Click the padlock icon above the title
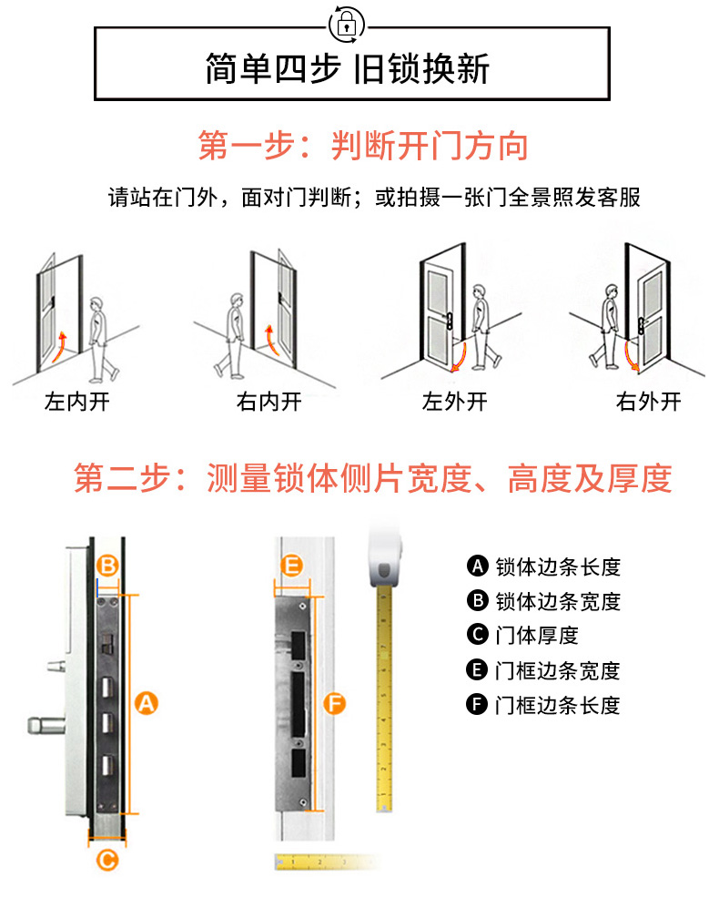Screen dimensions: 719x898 click(x=347, y=25)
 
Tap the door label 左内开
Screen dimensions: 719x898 click(x=77, y=402)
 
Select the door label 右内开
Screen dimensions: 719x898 click(x=269, y=402)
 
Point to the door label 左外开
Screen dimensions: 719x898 click(x=454, y=402)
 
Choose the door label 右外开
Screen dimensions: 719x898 click(x=649, y=402)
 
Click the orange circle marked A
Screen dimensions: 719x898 click(x=146, y=703)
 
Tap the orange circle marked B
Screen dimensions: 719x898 click(x=107, y=566)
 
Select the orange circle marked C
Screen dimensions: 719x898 click(x=107, y=860)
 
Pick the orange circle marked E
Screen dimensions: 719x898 click(x=292, y=566)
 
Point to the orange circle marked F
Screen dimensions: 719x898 click(x=334, y=703)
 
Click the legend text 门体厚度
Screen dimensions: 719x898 click(x=537, y=636)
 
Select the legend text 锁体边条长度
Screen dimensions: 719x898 click(x=558, y=567)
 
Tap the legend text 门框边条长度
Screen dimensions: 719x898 click(x=558, y=705)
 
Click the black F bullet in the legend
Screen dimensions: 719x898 click(x=477, y=704)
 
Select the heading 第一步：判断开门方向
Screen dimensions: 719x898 click(x=363, y=146)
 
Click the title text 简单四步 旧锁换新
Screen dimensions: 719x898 click(x=348, y=69)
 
